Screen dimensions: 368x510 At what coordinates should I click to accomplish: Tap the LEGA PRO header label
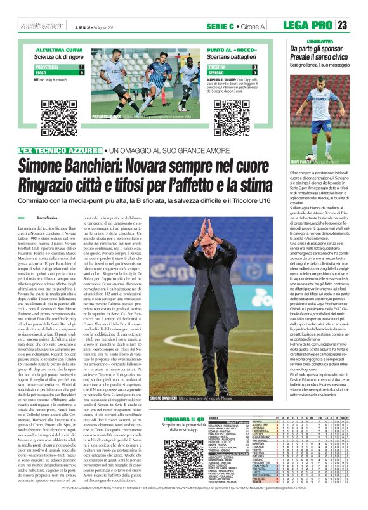point(308,25)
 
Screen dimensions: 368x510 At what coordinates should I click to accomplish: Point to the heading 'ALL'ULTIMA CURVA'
point(59,49)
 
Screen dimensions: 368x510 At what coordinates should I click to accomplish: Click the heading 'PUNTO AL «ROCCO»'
point(228,49)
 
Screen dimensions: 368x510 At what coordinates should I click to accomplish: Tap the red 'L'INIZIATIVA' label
point(305,42)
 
